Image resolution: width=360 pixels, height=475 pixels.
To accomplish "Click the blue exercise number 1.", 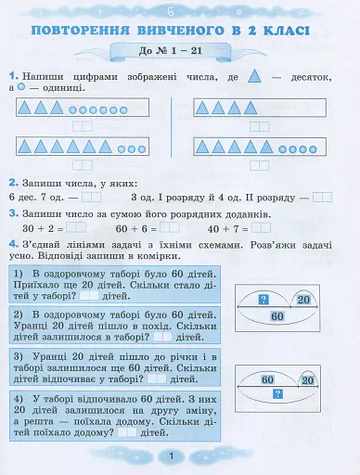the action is click(12, 74).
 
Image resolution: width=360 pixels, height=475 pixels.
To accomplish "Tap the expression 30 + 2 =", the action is click(42, 228).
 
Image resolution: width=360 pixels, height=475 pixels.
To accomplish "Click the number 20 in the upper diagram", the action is click(302, 299).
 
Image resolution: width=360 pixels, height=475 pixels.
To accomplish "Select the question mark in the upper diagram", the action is click(263, 299).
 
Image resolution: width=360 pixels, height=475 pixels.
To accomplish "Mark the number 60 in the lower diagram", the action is click(266, 379).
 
